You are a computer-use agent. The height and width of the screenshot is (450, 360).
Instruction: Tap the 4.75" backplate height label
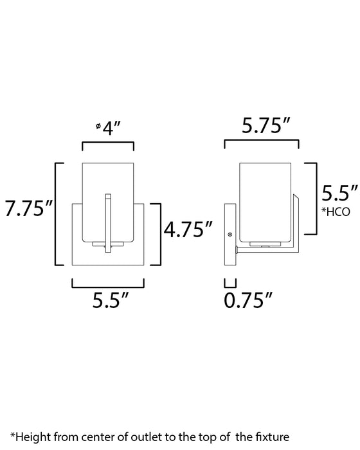point(188,228)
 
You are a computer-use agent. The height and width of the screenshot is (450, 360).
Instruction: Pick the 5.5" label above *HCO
point(339,192)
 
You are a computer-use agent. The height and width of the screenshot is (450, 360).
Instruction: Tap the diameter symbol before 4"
point(97,126)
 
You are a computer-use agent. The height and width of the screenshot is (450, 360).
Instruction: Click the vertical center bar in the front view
point(108,222)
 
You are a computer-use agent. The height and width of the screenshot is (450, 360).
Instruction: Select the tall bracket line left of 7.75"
point(57,215)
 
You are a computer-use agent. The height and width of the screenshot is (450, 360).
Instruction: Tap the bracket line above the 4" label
point(108,145)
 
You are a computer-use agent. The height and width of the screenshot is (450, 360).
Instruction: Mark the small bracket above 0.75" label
point(230,282)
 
